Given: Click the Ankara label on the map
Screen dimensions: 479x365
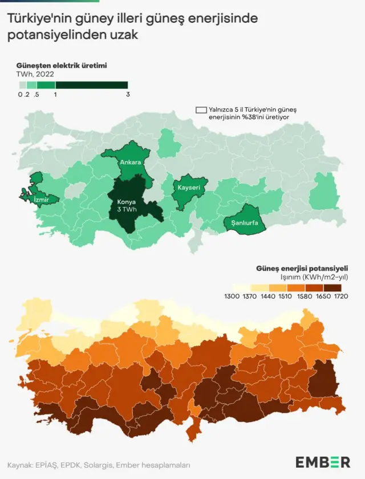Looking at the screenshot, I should [130, 163].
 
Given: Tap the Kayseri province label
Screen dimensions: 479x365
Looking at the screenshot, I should [188, 188].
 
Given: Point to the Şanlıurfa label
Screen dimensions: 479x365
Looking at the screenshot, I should [245, 223].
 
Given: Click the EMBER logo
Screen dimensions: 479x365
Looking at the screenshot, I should [323, 462].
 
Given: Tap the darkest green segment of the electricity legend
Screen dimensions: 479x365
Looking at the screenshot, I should [91, 85].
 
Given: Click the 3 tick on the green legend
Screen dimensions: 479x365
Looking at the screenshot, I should [128, 95].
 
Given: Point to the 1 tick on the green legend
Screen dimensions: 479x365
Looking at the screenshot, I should [55, 95].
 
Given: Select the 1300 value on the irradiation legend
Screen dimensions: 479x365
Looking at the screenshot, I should [232, 297].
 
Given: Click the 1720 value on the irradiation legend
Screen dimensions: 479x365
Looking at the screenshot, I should [341, 297].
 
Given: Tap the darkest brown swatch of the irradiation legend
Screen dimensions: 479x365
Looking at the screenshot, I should [333, 287].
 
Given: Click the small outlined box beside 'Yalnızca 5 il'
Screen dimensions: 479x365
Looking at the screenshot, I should [201, 110].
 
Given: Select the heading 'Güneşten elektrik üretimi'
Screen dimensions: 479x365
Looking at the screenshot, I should [61, 65].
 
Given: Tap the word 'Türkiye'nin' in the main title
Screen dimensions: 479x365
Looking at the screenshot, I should [35, 19].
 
